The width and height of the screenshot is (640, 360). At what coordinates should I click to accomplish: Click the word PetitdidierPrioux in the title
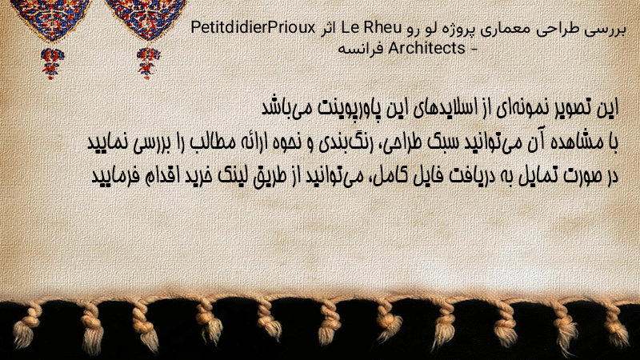(253, 28)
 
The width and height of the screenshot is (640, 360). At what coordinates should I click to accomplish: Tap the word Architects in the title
(427, 48)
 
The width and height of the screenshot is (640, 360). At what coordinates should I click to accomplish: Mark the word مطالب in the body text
(207, 142)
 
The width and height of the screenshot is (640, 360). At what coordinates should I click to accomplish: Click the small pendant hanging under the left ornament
(52, 63)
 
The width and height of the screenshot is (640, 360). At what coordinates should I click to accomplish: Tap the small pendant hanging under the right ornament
(148, 62)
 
